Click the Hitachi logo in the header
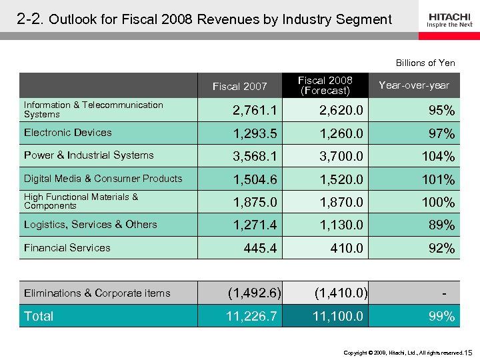(449, 19)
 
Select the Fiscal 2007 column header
(239, 86)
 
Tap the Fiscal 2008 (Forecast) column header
(325, 85)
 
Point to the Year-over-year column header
(413, 85)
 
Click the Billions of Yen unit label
(425, 63)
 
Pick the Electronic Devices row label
(68, 133)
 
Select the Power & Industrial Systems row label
(89, 155)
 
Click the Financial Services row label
(67, 248)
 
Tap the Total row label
(39, 316)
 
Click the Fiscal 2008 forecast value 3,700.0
(341, 157)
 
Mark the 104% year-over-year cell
(439, 157)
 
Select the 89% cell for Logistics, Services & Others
(442, 225)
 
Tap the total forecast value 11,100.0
(338, 316)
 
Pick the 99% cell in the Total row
(442, 317)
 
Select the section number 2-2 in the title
(30, 19)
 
